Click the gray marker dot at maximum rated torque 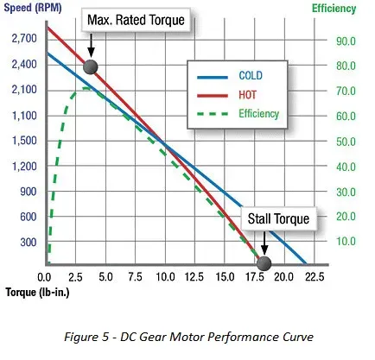[x=90, y=67]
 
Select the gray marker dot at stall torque [x=264, y=262]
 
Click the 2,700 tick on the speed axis [x=24, y=40]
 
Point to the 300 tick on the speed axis [x=29, y=243]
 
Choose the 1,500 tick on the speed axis [x=24, y=141]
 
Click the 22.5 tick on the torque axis [x=315, y=277]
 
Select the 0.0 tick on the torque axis [x=46, y=277]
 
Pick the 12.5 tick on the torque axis [x=195, y=277]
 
